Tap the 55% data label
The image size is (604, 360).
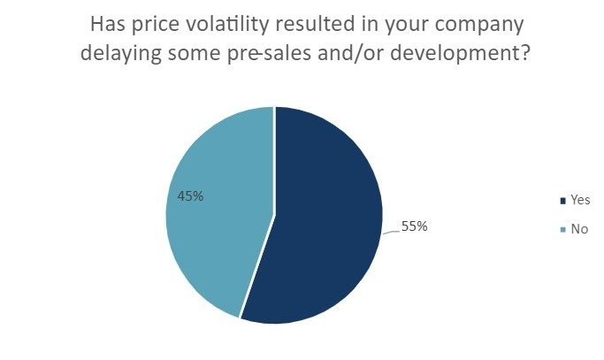click(415, 226)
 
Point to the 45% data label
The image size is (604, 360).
click(190, 196)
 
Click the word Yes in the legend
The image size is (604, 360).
click(580, 201)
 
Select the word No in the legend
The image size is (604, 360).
click(579, 229)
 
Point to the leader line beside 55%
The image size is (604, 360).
click(392, 231)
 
